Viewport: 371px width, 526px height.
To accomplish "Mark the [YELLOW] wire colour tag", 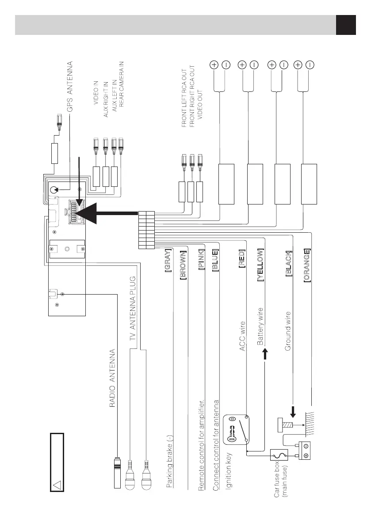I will (261, 265).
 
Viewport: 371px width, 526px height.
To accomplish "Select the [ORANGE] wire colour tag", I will (307, 266).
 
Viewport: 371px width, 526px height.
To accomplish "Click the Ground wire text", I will (288, 331).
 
